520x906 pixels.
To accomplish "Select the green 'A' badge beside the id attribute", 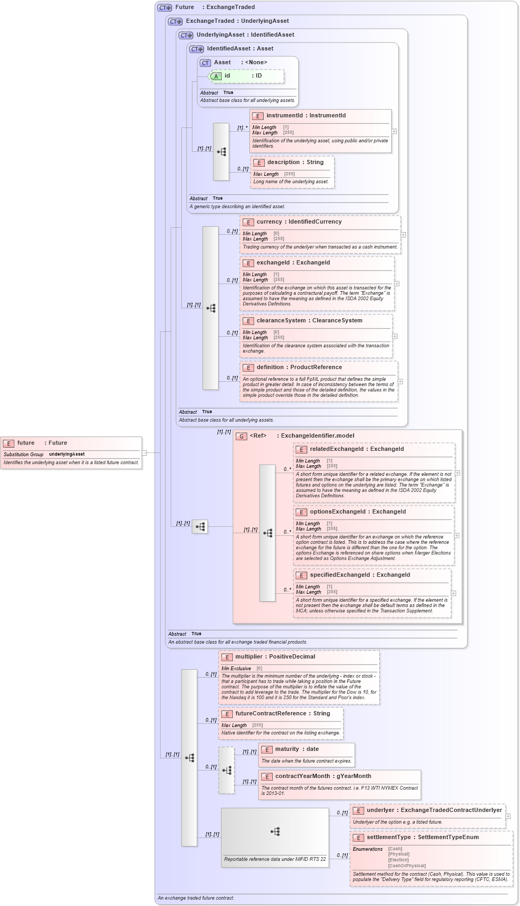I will pos(216,76).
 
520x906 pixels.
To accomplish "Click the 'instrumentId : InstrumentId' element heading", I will pos(306,116).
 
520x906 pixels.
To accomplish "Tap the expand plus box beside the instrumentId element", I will pos(394,131).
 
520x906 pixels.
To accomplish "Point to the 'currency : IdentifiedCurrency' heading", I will pos(299,222).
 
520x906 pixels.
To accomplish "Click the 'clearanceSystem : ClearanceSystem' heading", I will pos(309,321).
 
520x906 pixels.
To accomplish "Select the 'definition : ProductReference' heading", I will pos(299,367).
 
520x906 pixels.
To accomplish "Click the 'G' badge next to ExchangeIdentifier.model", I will pos(241,436).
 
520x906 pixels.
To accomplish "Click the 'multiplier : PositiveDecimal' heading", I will pos(275,657).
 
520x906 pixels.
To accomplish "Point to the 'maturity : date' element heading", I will pos(297,749).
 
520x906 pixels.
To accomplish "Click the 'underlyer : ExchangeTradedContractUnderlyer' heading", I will pos(434,810).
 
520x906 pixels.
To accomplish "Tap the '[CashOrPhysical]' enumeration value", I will pos(407,866).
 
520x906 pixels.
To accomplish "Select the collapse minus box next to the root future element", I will pos(144,453).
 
